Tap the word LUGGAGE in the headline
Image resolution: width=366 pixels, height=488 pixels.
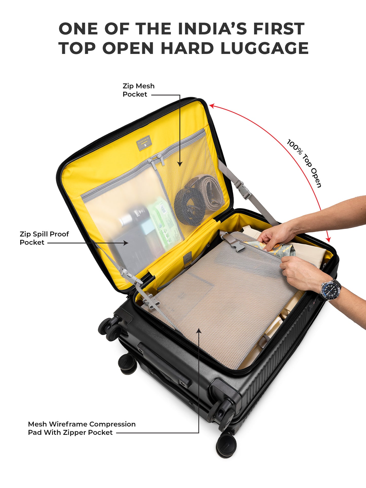(x=264, y=48)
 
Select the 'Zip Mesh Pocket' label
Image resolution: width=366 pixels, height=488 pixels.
(x=138, y=90)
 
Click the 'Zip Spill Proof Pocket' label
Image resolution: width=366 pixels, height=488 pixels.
(x=44, y=238)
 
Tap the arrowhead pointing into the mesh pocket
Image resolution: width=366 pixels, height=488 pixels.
(x=180, y=164)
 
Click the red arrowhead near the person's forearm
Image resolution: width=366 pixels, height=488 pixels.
(x=328, y=239)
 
